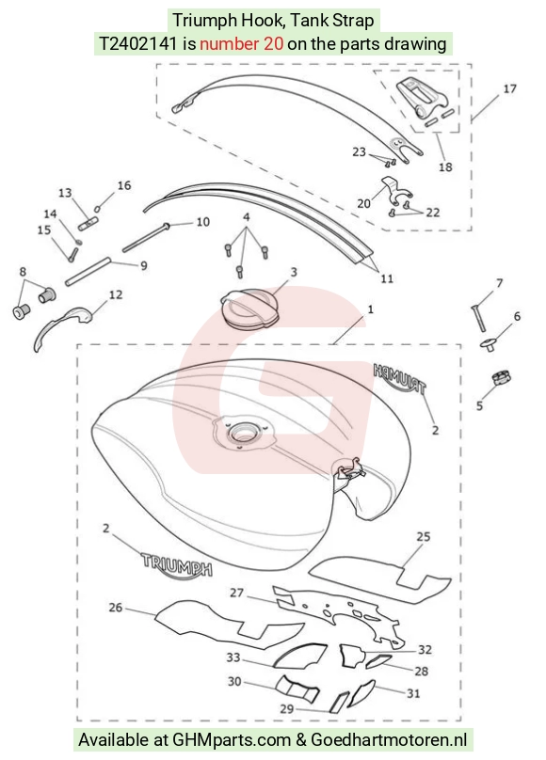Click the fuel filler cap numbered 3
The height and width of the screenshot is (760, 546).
(249, 309)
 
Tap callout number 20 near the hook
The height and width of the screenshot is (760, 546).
(363, 203)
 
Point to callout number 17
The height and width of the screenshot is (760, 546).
(509, 88)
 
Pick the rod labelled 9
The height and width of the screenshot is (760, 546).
(88, 273)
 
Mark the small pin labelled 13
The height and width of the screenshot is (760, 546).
(88, 224)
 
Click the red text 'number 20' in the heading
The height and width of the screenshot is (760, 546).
(242, 43)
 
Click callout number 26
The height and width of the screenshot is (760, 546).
(116, 607)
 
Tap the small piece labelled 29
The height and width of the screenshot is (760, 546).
(339, 702)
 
